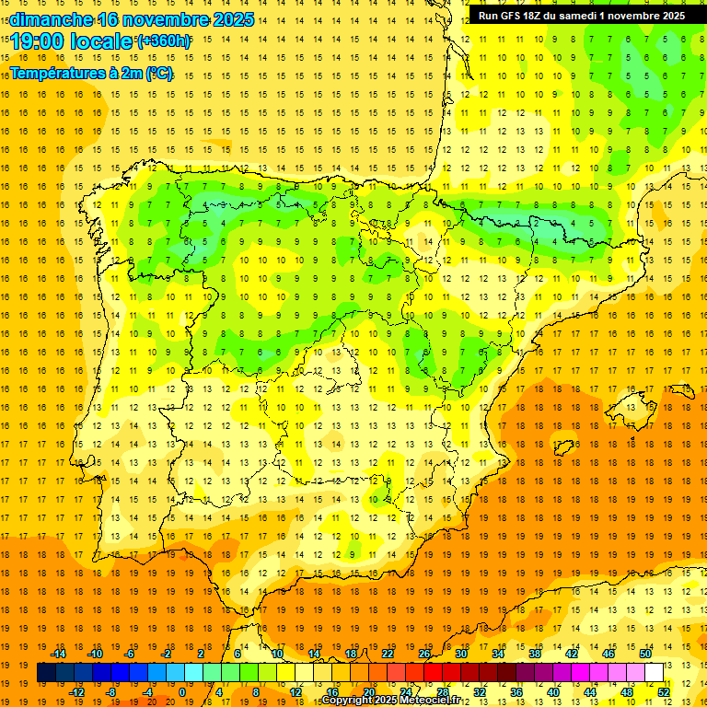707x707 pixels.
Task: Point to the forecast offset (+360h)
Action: (x=165, y=41)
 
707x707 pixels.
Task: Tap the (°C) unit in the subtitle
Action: (x=159, y=74)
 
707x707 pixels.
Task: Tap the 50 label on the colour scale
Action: (x=645, y=654)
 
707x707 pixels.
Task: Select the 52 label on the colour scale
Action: (x=664, y=691)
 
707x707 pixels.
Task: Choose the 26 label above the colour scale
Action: (x=424, y=654)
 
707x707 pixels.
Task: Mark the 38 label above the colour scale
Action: (x=535, y=654)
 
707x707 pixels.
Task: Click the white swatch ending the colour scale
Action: (x=655, y=672)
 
